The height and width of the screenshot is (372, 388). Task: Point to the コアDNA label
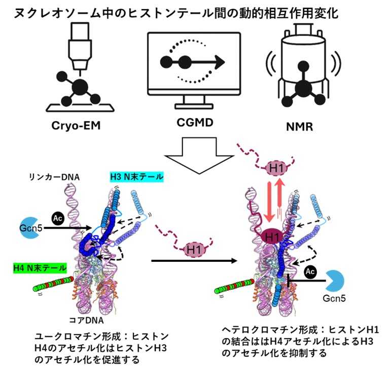pos(89,321)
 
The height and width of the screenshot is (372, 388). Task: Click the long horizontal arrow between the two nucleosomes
pos(194,261)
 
